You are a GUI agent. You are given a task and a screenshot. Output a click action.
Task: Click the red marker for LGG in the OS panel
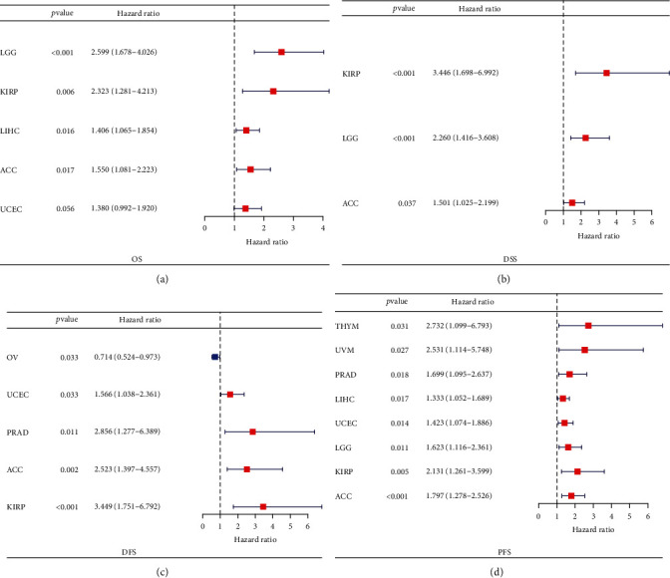281,52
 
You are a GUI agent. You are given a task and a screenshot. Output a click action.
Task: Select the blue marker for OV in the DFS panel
214,356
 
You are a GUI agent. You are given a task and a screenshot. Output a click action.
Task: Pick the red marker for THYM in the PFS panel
589,325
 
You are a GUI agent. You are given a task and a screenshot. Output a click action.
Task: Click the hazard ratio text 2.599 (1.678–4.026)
130,52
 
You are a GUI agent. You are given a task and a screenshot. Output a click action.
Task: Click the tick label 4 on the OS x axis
323,228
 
